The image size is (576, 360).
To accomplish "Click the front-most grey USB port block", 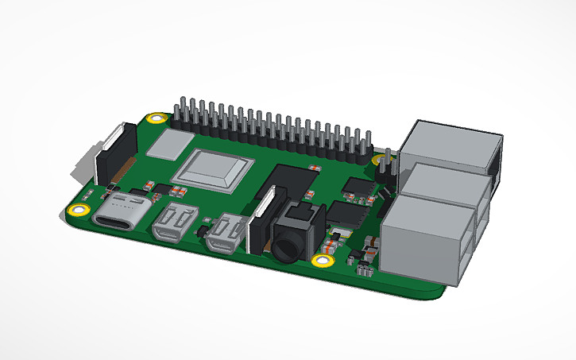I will [425, 242].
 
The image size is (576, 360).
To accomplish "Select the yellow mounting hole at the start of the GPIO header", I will [157, 120].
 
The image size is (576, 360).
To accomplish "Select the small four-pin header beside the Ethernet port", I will [385, 166].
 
